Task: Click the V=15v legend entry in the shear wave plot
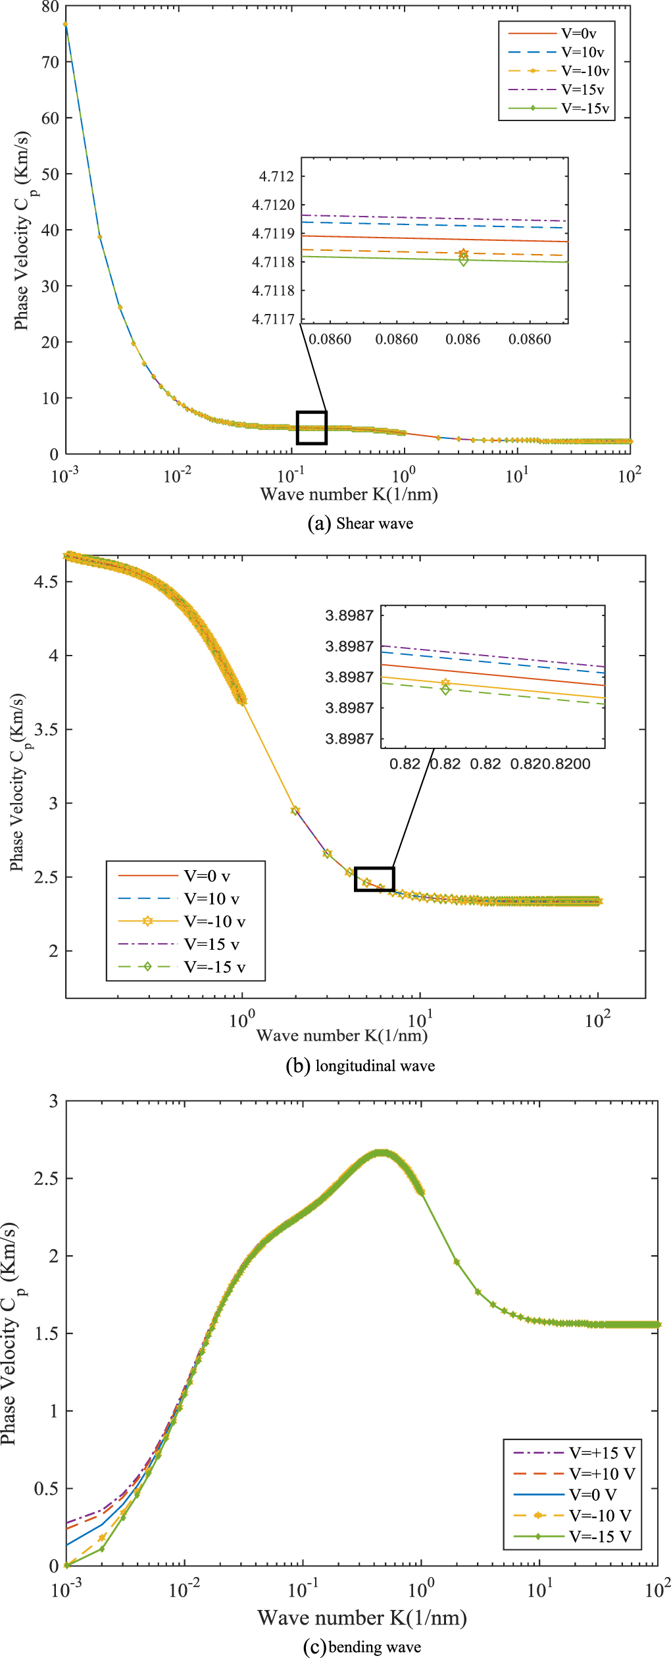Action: point(582,90)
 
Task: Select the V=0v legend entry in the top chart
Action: point(578,33)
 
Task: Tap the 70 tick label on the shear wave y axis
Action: point(50,63)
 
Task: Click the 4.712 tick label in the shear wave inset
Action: point(277,176)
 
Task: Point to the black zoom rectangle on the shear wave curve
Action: point(312,428)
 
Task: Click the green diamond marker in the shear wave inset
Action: point(464,261)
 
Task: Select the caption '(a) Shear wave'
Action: point(360,524)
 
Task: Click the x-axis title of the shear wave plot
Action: point(349,494)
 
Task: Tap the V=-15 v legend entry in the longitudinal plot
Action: point(214,967)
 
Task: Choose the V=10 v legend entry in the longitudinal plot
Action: point(211,898)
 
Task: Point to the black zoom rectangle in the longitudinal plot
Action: point(374,879)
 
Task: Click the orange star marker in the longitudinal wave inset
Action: point(446,683)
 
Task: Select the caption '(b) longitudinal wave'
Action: point(360,1066)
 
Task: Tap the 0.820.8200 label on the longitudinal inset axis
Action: point(551,764)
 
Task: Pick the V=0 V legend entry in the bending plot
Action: point(593,1495)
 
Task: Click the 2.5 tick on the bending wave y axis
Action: point(46,1178)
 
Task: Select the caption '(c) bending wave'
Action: point(362,1647)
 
